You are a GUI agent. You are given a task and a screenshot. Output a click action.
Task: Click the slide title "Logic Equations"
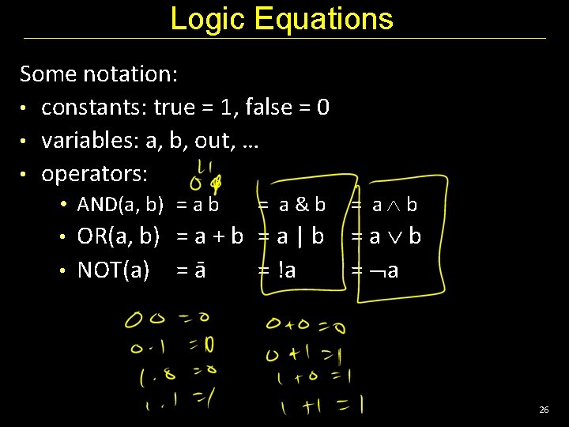(x=281, y=18)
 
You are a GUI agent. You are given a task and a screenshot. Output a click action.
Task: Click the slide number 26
(x=543, y=410)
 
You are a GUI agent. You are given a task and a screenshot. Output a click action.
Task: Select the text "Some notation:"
(x=99, y=74)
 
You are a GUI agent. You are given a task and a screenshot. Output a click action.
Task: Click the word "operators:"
(x=95, y=172)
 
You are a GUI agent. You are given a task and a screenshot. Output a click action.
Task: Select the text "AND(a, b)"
(x=120, y=205)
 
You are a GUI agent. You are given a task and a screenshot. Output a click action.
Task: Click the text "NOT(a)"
(x=113, y=270)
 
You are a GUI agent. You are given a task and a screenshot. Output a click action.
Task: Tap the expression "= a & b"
(x=292, y=205)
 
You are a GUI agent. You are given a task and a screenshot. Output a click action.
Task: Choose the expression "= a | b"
(x=291, y=236)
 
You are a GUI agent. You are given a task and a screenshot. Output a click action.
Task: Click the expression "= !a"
(x=277, y=270)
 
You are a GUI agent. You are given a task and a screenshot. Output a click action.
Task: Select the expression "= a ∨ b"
(x=386, y=236)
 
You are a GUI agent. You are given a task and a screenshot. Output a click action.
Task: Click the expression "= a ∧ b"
(x=384, y=205)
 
